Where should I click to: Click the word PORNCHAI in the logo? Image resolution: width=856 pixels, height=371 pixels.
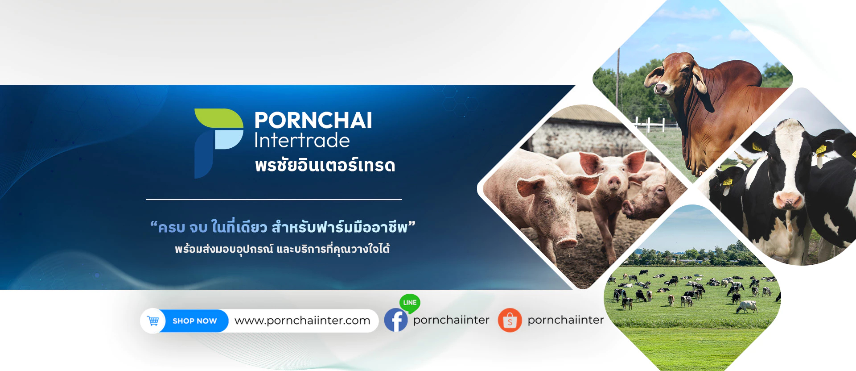pos(313,121)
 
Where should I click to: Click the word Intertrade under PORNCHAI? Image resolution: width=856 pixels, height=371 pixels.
pos(302,140)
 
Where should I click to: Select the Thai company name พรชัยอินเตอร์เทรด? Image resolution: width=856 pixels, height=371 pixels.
pos(325,165)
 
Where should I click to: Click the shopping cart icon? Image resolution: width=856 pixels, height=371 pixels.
pos(153,321)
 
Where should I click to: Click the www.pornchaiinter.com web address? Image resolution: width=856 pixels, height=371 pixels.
pos(302,321)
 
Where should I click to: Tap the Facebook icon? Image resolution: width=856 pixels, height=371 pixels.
pos(396,320)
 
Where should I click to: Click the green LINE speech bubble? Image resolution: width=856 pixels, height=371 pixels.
pos(410,303)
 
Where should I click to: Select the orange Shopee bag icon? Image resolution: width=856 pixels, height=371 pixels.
pos(510,320)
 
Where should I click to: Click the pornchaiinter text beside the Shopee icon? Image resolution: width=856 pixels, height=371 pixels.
pos(565,320)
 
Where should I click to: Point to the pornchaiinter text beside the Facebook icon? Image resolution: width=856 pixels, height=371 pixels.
pos(451,320)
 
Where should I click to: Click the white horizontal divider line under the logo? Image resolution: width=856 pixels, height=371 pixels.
pos(274,199)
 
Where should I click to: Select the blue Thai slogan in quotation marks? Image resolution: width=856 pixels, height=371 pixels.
pos(283,227)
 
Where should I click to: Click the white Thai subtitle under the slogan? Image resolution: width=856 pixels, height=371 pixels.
pos(282,249)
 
